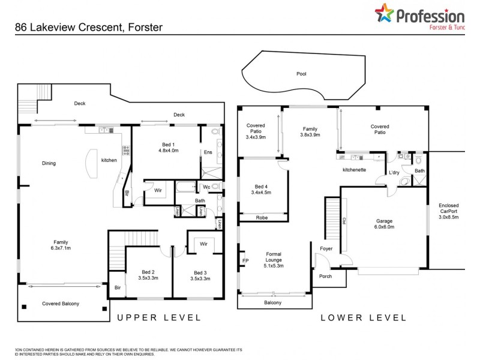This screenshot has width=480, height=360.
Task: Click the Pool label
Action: coord(301,74)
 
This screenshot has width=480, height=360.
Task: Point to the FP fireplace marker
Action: coord(245,260)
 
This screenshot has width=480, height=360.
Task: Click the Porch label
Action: coord(326,277)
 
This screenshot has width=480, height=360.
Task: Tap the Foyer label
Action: coord(326,248)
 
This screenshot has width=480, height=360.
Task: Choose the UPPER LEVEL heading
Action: coord(158,317)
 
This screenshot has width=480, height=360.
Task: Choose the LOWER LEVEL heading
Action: coord(364,317)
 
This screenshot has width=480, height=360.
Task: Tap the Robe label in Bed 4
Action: coord(262,218)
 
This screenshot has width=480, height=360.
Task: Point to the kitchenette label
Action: coord(354,170)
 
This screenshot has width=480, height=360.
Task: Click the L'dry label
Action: coord(394,173)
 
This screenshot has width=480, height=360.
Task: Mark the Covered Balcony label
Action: coord(60,304)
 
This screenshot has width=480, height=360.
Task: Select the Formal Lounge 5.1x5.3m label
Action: coord(274,260)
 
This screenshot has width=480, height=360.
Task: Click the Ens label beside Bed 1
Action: coord(208,152)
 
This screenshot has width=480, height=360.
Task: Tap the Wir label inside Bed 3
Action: coord(203,244)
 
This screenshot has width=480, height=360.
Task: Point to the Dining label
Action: coord(49,163)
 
